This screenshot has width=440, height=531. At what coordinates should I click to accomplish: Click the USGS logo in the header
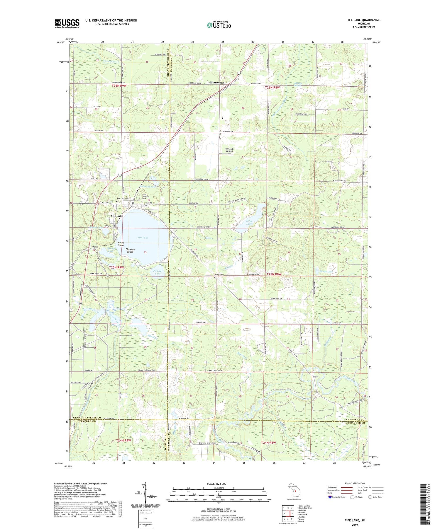click(67, 23)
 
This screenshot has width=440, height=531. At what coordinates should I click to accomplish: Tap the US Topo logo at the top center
click(219, 25)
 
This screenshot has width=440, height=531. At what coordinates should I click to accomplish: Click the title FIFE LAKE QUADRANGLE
click(363, 20)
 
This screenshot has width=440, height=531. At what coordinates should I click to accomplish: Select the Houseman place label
click(217, 83)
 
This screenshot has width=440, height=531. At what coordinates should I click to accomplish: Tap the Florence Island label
click(130, 251)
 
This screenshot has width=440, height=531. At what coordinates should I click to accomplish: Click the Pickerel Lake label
click(158, 272)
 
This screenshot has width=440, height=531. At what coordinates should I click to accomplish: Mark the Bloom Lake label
click(326, 272)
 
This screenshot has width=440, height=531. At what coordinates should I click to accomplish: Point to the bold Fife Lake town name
click(117, 216)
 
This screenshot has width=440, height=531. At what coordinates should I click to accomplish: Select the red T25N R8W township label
click(274, 274)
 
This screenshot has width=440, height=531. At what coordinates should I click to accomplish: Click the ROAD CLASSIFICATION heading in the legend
click(355, 483)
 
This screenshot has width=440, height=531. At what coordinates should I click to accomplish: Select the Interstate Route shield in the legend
click(330, 497)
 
